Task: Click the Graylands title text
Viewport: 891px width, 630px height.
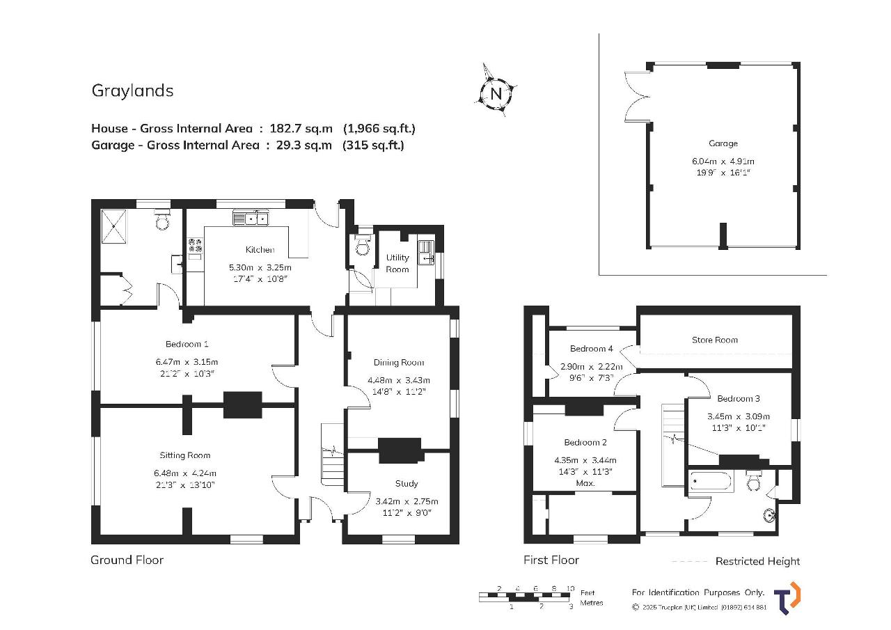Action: click(132, 91)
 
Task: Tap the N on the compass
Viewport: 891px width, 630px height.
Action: click(496, 94)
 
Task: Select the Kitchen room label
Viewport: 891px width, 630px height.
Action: click(260, 250)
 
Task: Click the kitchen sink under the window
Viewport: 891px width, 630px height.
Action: click(251, 219)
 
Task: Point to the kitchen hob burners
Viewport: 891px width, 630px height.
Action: click(195, 245)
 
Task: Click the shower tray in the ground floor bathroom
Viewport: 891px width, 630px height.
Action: click(113, 226)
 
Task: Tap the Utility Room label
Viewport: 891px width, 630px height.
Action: click(397, 263)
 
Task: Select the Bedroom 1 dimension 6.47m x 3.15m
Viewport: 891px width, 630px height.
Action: click(187, 362)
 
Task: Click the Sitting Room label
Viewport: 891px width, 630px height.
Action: click(185, 455)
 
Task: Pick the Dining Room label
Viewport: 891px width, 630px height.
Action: click(399, 362)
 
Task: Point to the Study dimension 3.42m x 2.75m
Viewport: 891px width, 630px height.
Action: click(407, 501)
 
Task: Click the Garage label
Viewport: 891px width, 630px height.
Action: click(723, 143)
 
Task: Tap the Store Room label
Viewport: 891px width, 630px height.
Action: click(714, 340)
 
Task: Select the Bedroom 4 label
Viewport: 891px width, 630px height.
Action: click(591, 349)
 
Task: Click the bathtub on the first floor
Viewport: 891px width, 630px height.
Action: click(711, 482)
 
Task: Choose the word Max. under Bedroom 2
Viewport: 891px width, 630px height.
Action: click(585, 483)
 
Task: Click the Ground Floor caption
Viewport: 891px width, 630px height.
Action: click(127, 560)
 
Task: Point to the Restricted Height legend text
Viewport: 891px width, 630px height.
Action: click(757, 561)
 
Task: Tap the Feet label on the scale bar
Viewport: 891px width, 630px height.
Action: click(587, 592)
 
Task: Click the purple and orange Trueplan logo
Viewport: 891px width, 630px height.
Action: click(787, 598)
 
